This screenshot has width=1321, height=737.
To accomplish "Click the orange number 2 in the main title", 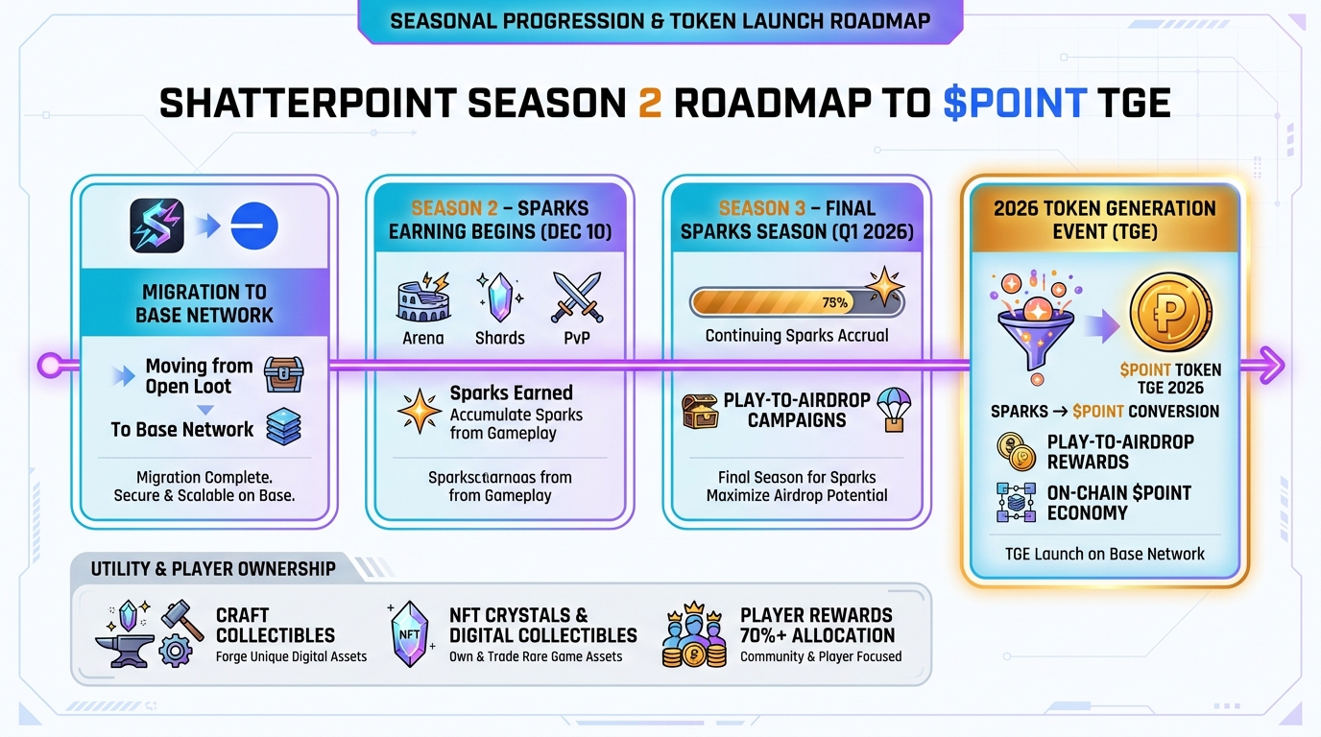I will pos(649,103).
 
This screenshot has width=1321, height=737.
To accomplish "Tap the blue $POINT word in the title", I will pos(1015,103).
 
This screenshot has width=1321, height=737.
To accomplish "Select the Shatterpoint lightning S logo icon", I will pos(156,226).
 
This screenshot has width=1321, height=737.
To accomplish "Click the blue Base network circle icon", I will pos(252,226).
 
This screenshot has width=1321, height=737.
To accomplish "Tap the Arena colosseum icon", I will pos(423,298).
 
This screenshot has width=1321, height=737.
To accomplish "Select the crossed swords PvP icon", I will pos(576,297).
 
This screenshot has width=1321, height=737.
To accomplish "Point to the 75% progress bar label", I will pos(834,303).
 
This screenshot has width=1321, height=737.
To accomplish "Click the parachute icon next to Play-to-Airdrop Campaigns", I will pos(893,408).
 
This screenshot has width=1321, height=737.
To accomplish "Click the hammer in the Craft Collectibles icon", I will pos(181,620).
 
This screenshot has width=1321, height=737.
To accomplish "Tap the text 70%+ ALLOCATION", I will pos(817,635).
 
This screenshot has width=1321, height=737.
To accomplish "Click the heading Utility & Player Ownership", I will pos(213,569).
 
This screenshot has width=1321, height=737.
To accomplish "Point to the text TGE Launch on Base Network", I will pos(1105,554).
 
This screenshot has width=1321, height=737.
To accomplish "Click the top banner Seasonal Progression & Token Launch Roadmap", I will pos(660,20).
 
